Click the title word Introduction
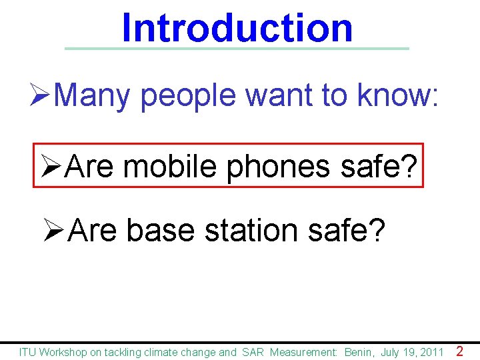tap(237, 28)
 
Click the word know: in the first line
tap(398, 96)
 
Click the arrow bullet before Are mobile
tap(51, 166)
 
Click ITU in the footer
tap(28, 352)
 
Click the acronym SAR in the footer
tap(253, 352)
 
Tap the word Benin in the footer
tap(358, 352)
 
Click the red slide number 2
tap(459, 351)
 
